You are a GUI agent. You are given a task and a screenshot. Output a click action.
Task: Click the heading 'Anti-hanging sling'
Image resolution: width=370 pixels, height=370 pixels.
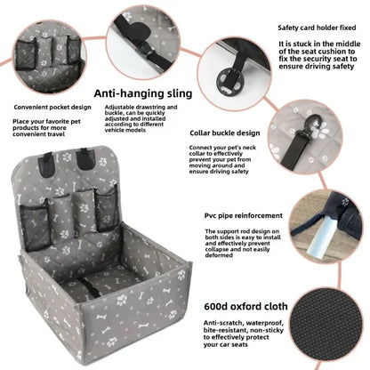(143, 93)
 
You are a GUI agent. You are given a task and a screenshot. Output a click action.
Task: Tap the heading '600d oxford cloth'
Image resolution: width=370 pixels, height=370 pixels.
(245, 306)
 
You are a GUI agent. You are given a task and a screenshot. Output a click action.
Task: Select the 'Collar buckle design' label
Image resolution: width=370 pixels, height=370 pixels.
(225, 133)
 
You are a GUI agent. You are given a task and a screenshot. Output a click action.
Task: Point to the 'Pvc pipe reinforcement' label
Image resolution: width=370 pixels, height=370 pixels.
(244, 215)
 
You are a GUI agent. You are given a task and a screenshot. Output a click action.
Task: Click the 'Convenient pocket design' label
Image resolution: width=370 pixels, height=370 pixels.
(52, 108)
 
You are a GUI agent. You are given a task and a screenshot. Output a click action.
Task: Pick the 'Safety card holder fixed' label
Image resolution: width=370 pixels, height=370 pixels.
(317, 28)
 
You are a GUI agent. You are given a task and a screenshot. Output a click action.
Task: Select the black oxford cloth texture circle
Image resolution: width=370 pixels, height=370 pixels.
(326, 324)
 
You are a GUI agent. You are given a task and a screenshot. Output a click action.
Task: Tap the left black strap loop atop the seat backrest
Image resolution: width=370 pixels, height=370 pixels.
(46, 165)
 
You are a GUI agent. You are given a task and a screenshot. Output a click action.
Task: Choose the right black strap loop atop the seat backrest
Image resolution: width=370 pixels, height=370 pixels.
(85, 159)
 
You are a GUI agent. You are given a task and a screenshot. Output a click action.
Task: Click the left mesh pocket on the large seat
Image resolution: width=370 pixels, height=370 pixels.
(35, 226)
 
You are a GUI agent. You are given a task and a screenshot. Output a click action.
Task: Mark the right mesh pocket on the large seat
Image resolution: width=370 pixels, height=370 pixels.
(108, 208)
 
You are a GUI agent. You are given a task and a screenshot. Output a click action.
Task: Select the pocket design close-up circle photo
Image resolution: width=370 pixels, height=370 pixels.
(50, 57)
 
